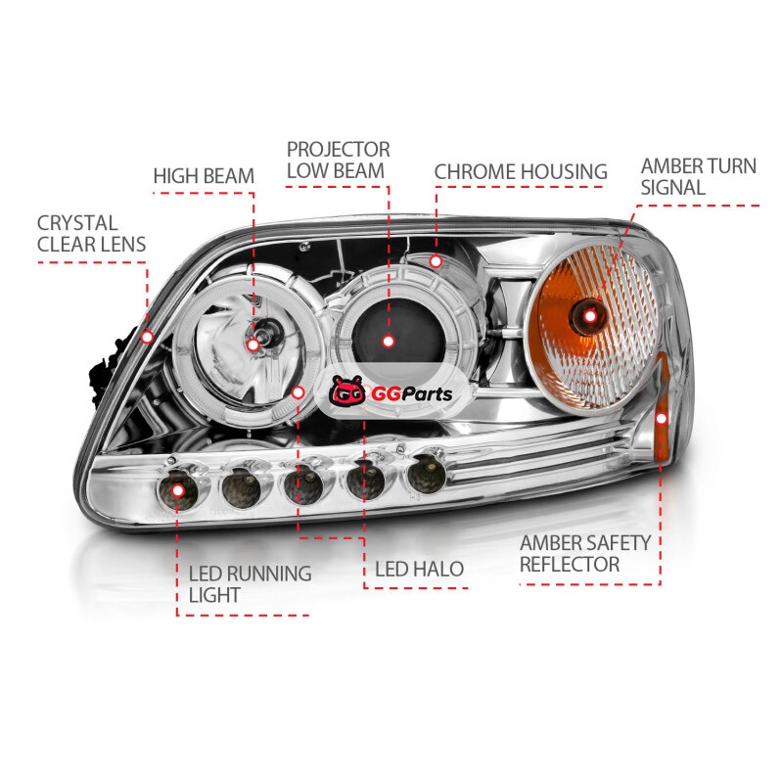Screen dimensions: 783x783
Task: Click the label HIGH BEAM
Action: pos(204,177)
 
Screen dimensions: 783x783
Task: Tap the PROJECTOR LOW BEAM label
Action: pos(338,160)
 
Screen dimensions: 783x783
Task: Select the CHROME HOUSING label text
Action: pos(521,172)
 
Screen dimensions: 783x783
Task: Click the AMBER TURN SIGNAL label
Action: pos(698,176)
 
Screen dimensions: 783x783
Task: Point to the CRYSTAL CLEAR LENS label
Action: pos(91,234)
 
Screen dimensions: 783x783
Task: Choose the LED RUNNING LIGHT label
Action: pos(249,583)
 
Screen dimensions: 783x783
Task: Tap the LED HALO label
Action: pos(419,569)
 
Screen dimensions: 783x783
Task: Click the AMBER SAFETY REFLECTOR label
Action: pos(585,553)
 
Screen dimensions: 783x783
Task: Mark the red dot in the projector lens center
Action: pos(389,342)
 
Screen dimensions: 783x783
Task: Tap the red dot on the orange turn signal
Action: pos(590,315)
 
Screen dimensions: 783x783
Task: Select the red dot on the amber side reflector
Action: pos(662,418)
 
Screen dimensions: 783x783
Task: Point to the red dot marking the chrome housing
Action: pos(436,261)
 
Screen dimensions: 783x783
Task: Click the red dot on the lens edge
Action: pos(147,337)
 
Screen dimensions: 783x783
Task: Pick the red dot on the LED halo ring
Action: pos(299,392)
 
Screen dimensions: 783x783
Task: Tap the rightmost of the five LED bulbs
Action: pos(426,473)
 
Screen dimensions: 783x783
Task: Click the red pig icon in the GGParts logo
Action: pos(347,393)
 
